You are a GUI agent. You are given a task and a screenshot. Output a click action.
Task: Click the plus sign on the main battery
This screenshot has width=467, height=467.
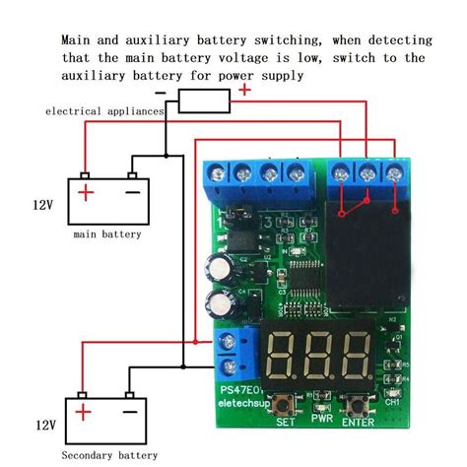point(87,192)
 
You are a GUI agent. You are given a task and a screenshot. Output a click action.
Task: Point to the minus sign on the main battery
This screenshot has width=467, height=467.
point(132,192)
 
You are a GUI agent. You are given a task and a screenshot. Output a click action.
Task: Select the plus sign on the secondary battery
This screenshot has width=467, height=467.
point(85,415)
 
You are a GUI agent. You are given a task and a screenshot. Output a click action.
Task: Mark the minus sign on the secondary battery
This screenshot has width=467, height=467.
point(130,415)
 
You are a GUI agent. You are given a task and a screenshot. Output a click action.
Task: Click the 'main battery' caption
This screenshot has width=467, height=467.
point(107,234)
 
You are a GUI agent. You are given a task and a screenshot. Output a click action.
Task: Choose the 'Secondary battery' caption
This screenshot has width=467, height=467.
point(108,456)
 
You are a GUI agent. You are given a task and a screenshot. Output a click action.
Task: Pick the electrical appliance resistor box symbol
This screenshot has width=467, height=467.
point(205,100)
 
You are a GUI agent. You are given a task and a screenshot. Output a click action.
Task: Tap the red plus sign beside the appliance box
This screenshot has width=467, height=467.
point(245,91)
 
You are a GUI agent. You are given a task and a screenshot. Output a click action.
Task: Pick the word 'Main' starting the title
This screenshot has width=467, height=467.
point(78,40)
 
